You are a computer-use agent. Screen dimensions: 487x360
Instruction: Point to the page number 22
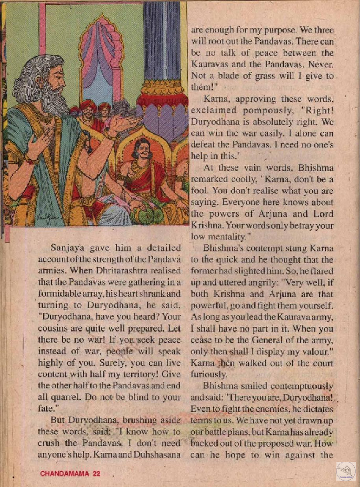(96, 473)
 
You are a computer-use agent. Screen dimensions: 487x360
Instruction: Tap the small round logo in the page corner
(344, 471)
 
